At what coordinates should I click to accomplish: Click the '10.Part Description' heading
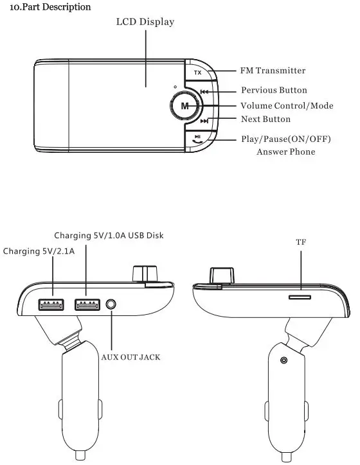coord(46,7)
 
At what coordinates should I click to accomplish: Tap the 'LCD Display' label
coord(145,22)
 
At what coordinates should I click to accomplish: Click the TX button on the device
coord(197,73)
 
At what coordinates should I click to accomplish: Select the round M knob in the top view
coord(185,105)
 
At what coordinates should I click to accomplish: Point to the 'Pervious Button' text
coord(274,91)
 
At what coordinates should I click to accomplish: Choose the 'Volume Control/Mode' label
coord(287,105)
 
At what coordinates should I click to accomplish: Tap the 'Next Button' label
coord(265,119)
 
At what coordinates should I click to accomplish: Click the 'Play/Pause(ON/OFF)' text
coord(289,139)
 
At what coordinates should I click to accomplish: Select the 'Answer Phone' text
coord(285,152)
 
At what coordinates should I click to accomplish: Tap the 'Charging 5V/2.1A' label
coord(39,251)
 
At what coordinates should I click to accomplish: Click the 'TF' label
coord(301,243)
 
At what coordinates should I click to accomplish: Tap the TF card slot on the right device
coord(300,297)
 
